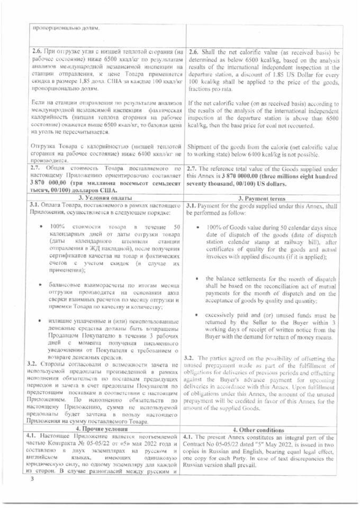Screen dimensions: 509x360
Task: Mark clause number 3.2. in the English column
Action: pos(192,357)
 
